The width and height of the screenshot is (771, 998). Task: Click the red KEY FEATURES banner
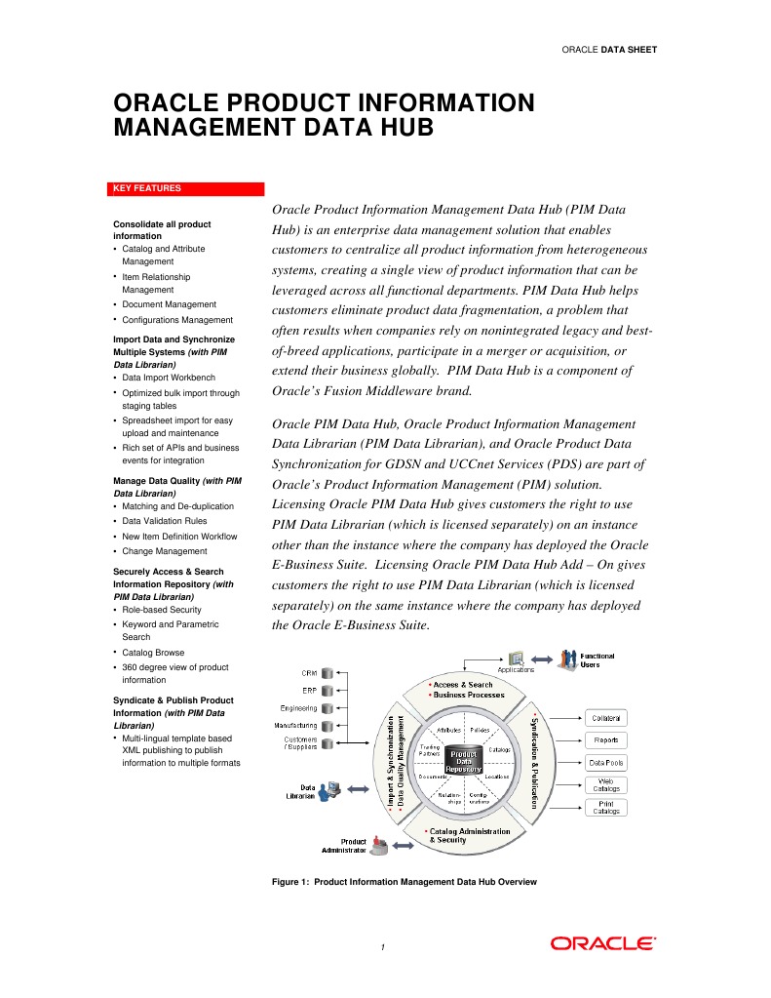point(187,189)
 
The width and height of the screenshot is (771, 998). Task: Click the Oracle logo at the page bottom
point(602,943)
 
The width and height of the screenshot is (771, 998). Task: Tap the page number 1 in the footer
point(384,947)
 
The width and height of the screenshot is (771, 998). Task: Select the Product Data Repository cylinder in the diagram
point(463,760)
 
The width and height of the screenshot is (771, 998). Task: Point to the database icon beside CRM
point(328,673)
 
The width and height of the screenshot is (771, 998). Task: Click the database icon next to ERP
point(328,691)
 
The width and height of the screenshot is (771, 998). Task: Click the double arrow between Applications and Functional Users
point(542,660)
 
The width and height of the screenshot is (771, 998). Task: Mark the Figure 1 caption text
point(405,882)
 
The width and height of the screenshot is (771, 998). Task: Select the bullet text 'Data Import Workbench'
point(169,378)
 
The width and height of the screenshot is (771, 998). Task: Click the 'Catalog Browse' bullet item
point(153,653)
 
